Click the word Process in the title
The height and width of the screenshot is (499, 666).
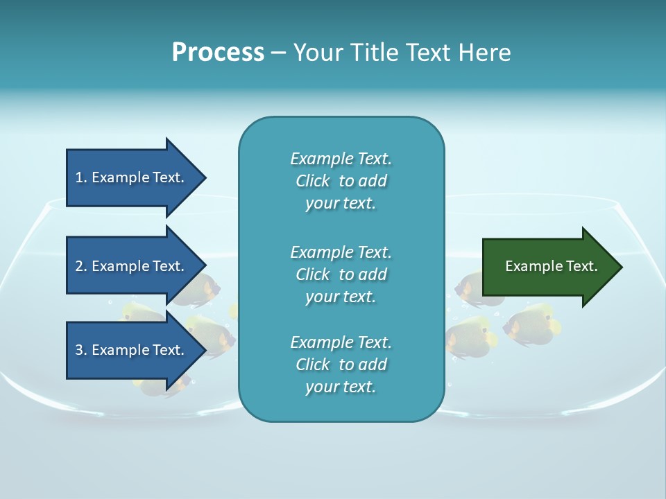coord(218,53)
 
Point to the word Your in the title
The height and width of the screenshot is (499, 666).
coord(316,53)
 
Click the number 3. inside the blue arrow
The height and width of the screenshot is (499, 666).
coord(81,350)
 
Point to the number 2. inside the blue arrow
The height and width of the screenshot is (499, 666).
coord(81,266)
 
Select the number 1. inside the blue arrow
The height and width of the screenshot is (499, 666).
coord(81,177)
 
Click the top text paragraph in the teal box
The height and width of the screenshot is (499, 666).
coord(341,181)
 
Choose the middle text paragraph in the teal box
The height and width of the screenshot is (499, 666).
coord(341,274)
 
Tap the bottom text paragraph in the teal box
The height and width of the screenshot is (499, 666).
coord(341,365)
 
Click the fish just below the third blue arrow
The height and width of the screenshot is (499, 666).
coord(165,387)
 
